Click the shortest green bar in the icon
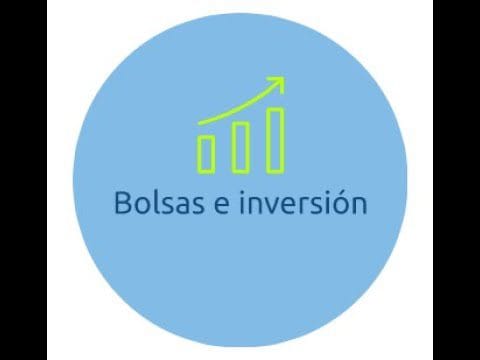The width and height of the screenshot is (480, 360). coord(207,152)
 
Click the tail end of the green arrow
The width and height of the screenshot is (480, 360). coord(201,121)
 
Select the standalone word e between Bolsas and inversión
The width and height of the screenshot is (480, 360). coord(220,205)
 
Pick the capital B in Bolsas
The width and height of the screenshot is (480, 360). coord(124,203)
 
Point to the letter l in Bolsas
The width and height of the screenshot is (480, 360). coord(153,202)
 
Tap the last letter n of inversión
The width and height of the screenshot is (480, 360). coord(359,205)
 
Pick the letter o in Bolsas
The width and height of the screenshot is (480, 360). coord(141,205)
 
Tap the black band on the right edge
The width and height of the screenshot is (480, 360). coord(456,180)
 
